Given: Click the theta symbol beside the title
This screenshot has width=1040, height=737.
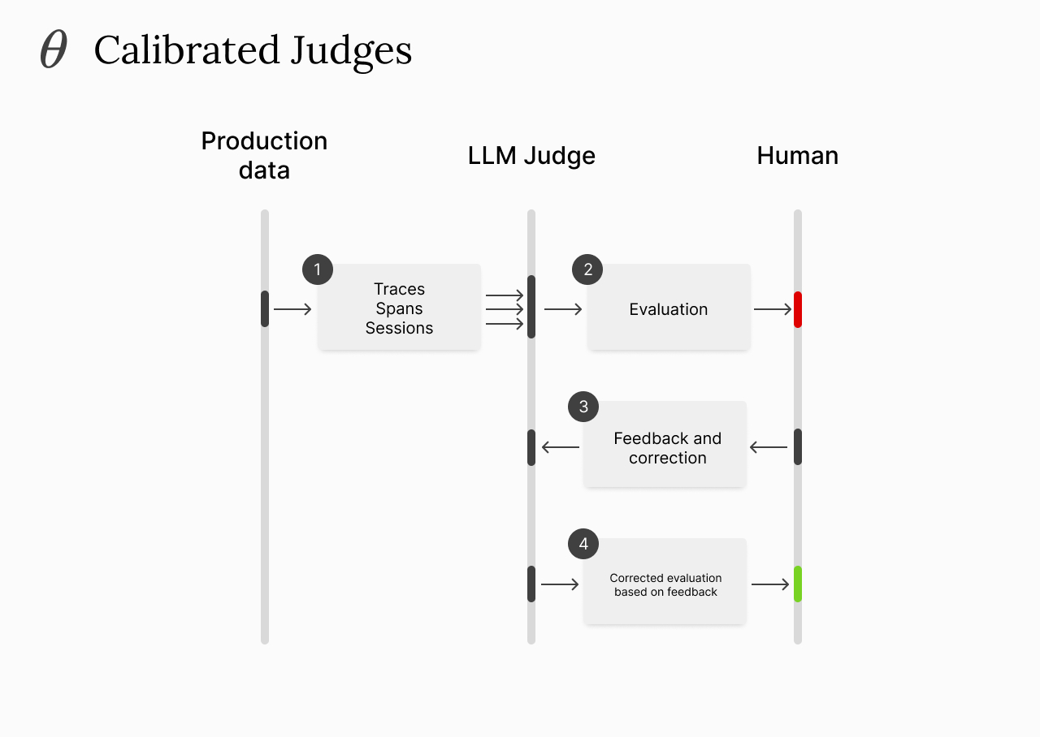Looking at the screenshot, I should click(x=54, y=50).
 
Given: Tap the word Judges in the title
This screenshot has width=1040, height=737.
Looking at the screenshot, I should click(x=352, y=51).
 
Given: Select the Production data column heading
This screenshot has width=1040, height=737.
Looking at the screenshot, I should click(x=264, y=155).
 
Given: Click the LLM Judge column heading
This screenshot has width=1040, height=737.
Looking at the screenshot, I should click(x=531, y=156).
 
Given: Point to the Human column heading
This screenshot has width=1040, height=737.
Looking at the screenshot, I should click(x=797, y=156).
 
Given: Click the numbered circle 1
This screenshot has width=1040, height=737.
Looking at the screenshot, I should click(x=318, y=269).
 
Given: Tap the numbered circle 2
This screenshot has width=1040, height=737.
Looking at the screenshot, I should click(x=587, y=269).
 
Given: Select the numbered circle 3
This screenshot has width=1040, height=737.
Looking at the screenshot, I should click(x=583, y=407).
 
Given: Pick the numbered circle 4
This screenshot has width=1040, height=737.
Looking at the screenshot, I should click(x=583, y=544).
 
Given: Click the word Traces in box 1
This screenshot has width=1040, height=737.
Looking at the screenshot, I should click(x=399, y=289).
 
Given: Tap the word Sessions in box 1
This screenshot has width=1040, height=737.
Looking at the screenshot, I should click(x=399, y=328).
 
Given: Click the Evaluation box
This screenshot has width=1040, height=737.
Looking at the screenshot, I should click(x=669, y=308).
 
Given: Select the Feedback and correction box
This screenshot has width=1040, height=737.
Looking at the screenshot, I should click(x=666, y=447).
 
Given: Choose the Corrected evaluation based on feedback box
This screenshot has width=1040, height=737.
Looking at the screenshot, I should click(x=665, y=584).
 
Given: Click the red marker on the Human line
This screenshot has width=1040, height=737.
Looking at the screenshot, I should click(x=798, y=309).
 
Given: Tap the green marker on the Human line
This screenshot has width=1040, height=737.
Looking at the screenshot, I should click(x=798, y=584).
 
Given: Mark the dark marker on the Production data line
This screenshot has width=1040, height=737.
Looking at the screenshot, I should click(x=265, y=308).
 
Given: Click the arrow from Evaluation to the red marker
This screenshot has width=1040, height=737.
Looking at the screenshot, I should click(x=773, y=309).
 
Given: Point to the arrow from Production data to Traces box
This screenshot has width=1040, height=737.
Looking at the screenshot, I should click(x=292, y=309).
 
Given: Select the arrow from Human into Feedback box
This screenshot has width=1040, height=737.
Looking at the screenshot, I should click(x=768, y=447).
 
